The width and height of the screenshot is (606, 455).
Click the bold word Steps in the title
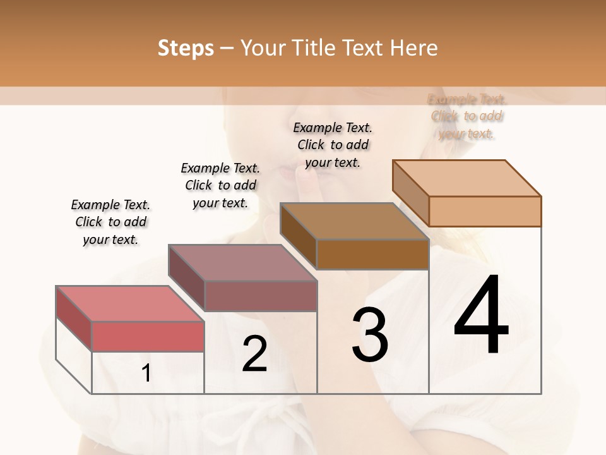coord(186,48)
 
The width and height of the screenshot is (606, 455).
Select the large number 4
coord(481,316)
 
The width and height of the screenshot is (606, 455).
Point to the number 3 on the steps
coord(370,335)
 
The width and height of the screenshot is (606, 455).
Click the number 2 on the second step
coord(254,354)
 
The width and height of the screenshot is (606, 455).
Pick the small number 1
coord(146,373)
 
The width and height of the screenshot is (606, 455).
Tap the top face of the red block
coord(129,304)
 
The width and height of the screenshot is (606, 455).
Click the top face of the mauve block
coord(242,263)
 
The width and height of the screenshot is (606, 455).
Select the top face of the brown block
coord(354,221)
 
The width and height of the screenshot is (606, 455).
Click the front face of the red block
coord(148,336)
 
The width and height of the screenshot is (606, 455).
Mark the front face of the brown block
coord(372,255)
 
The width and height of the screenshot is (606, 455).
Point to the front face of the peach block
coord(485,211)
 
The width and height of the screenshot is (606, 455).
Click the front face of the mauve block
coord(260,296)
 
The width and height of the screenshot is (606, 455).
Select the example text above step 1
coord(110,222)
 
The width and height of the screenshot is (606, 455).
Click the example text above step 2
coord(220,185)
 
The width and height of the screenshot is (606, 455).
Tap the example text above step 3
coord(333,145)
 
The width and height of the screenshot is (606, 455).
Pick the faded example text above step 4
coord(466,116)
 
